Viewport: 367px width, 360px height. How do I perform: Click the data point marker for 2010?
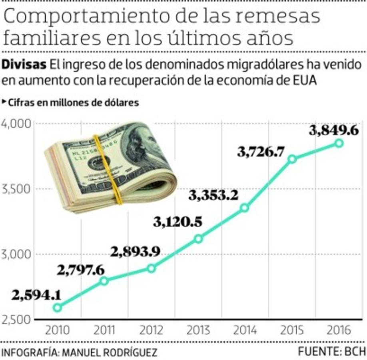[57, 308]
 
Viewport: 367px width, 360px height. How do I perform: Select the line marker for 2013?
[198, 239]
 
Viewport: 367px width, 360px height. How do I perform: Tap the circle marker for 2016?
[339, 143]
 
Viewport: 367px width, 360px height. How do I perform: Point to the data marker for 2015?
[292, 159]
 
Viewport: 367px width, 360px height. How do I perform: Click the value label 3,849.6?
[333, 130]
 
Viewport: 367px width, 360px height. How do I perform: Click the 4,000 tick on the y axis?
[16, 124]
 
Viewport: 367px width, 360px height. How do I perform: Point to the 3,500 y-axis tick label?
[16, 189]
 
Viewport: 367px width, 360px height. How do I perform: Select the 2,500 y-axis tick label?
[16, 320]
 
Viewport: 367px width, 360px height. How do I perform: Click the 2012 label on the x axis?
[151, 330]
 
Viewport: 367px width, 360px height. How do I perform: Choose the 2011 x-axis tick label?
[104, 330]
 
